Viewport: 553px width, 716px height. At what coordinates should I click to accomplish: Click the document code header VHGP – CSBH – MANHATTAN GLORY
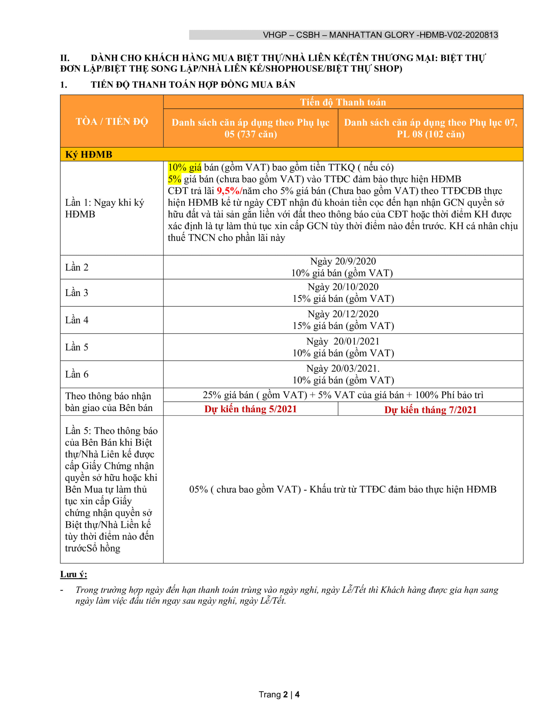pyautogui.click(x=380, y=35)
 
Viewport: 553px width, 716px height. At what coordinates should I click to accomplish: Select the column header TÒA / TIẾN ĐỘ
pyautogui.click(x=112, y=122)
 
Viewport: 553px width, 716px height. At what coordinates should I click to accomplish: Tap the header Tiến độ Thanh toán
pyautogui.click(x=343, y=102)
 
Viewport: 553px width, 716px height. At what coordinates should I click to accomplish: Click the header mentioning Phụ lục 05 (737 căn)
pyautogui.click(x=250, y=128)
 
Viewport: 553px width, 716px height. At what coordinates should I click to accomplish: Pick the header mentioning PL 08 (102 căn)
pyautogui.click(x=430, y=128)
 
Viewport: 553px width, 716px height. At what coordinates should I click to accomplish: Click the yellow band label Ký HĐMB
pyautogui.click(x=89, y=154)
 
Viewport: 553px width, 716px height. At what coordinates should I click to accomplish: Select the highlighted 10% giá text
pyautogui.click(x=185, y=168)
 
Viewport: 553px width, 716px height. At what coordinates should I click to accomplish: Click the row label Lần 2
pyautogui.click(x=77, y=267)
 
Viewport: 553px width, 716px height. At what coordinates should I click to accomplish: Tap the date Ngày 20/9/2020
pyautogui.click(x=343, y=261)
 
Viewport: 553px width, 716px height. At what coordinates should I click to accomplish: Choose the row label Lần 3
pyautogui.click(x=77, y=293)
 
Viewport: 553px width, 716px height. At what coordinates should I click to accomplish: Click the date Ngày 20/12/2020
pyautogui.click(x=343, y=314)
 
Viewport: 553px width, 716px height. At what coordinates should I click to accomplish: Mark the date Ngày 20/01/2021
pyautogui.click(x=343, y=341)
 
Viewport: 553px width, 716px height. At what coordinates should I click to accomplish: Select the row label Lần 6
pyautogui.click(x=77, y=375)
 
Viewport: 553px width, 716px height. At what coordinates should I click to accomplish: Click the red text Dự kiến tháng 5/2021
pyautogui.click(x=250, y=409)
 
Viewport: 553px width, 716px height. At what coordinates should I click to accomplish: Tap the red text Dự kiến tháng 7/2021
pyautogui.click(x=430, y=410)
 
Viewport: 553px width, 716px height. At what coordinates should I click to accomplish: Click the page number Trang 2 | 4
pyautogui.click(x=279, y=694)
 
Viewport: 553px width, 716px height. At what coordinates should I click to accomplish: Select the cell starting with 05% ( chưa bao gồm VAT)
pyautogui.click(x=343, y=489)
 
